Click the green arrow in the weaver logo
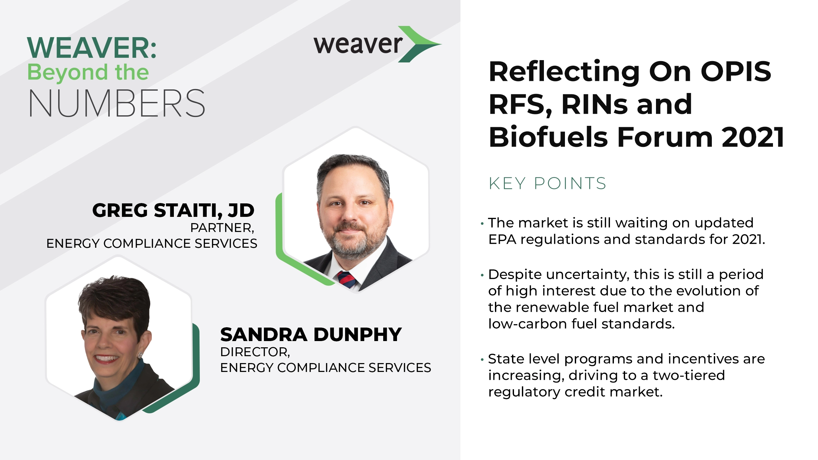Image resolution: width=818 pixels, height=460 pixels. pos(419,44)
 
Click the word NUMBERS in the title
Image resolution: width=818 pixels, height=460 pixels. pos(117,103)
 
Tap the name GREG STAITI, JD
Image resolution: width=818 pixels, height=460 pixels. pos(173,210)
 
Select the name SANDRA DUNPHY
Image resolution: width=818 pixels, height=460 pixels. pos(311,334)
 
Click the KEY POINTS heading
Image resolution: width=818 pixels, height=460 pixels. pos(547,183)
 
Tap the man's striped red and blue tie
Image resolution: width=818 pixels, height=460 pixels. pos(346,280)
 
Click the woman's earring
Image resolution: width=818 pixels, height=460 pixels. pos(140,355)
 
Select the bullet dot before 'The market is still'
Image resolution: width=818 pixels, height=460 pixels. pos(482,224)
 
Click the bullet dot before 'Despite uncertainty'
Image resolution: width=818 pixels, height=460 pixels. pos(482,275)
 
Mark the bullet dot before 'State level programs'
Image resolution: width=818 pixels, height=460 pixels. pos(482,360)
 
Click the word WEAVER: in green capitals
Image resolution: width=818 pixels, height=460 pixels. pos(92,48)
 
